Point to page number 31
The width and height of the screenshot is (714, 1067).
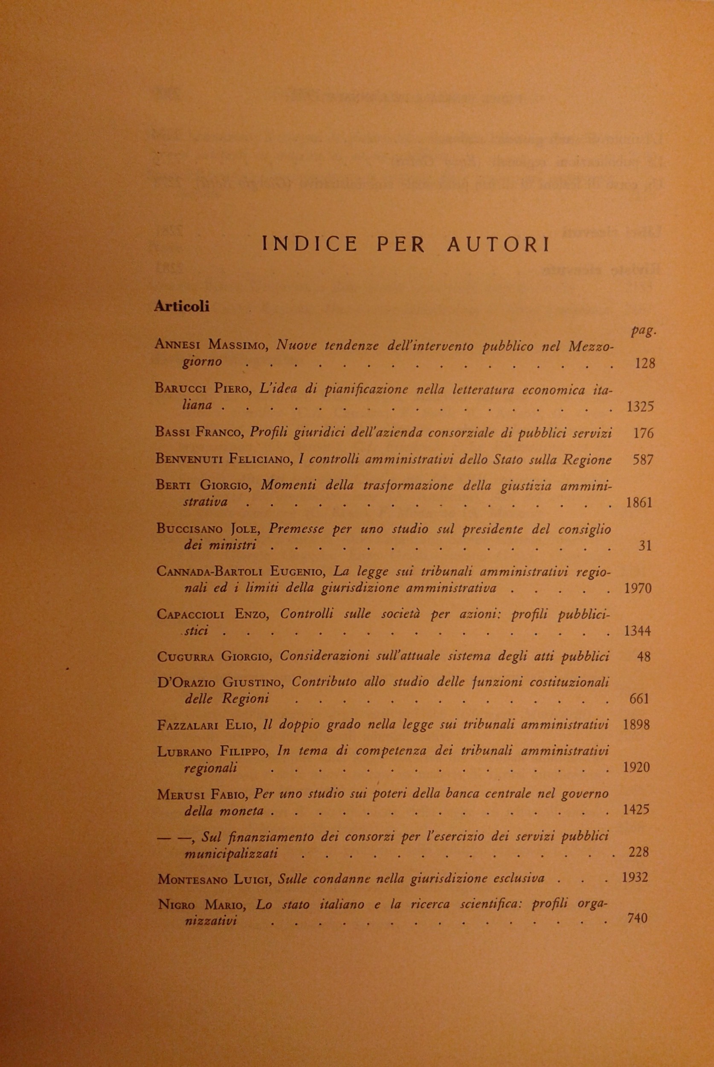645,545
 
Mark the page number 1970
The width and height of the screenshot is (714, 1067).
639,588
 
